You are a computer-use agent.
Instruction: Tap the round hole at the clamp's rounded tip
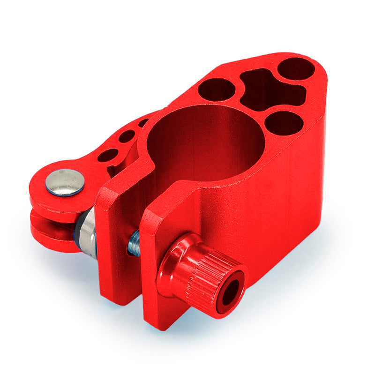point(296,68)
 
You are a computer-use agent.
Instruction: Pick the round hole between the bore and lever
point(216,89)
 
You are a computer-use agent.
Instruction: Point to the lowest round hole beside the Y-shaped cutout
point(283,123)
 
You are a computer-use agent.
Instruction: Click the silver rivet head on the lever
point(65,182)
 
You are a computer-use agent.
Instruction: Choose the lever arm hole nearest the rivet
point(107,155)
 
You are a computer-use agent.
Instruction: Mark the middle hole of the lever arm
point(127,136)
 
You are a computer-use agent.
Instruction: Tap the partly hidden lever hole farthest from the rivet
point(143,123)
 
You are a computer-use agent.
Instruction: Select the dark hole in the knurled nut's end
point(231,293)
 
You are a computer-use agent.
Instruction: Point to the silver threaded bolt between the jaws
point(135,242)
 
